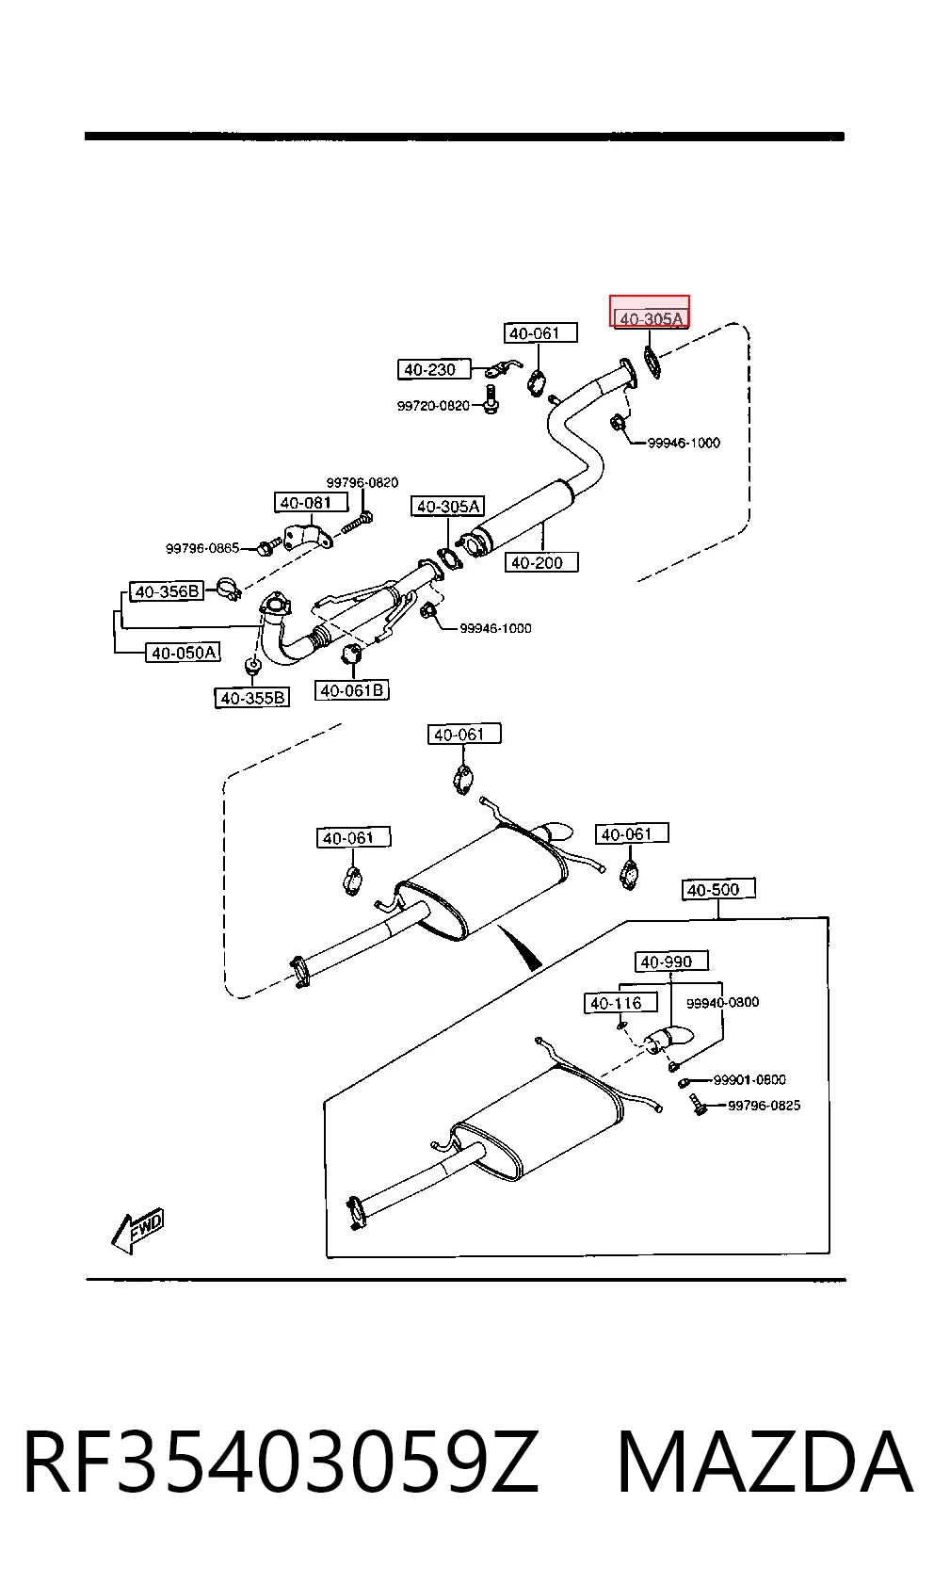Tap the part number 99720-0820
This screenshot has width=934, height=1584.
tap(433, 405)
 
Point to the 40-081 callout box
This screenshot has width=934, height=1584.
tap(311, 503)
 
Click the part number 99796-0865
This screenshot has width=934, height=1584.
tap(202, 548)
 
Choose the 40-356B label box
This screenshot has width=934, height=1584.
tap(167, 591)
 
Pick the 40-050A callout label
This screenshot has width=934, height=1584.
tap(183, 652)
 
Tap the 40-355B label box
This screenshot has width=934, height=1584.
tap(252, 698)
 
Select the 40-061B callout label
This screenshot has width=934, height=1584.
tap(352, 690)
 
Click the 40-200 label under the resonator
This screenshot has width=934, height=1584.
tap(540, 562)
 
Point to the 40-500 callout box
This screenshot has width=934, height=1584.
tap(718, 889)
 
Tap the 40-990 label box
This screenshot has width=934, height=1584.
tap(671, 961)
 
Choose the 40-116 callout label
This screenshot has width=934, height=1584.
tap(620, 1003)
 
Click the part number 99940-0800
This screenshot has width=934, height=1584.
tap(722, 1002)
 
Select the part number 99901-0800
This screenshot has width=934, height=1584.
tap(749, 1080)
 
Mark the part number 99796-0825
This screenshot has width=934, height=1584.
tap(765, 1106)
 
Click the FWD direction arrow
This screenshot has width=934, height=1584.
tap(137, 1230)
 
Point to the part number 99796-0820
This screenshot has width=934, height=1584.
tap(362, 482)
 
